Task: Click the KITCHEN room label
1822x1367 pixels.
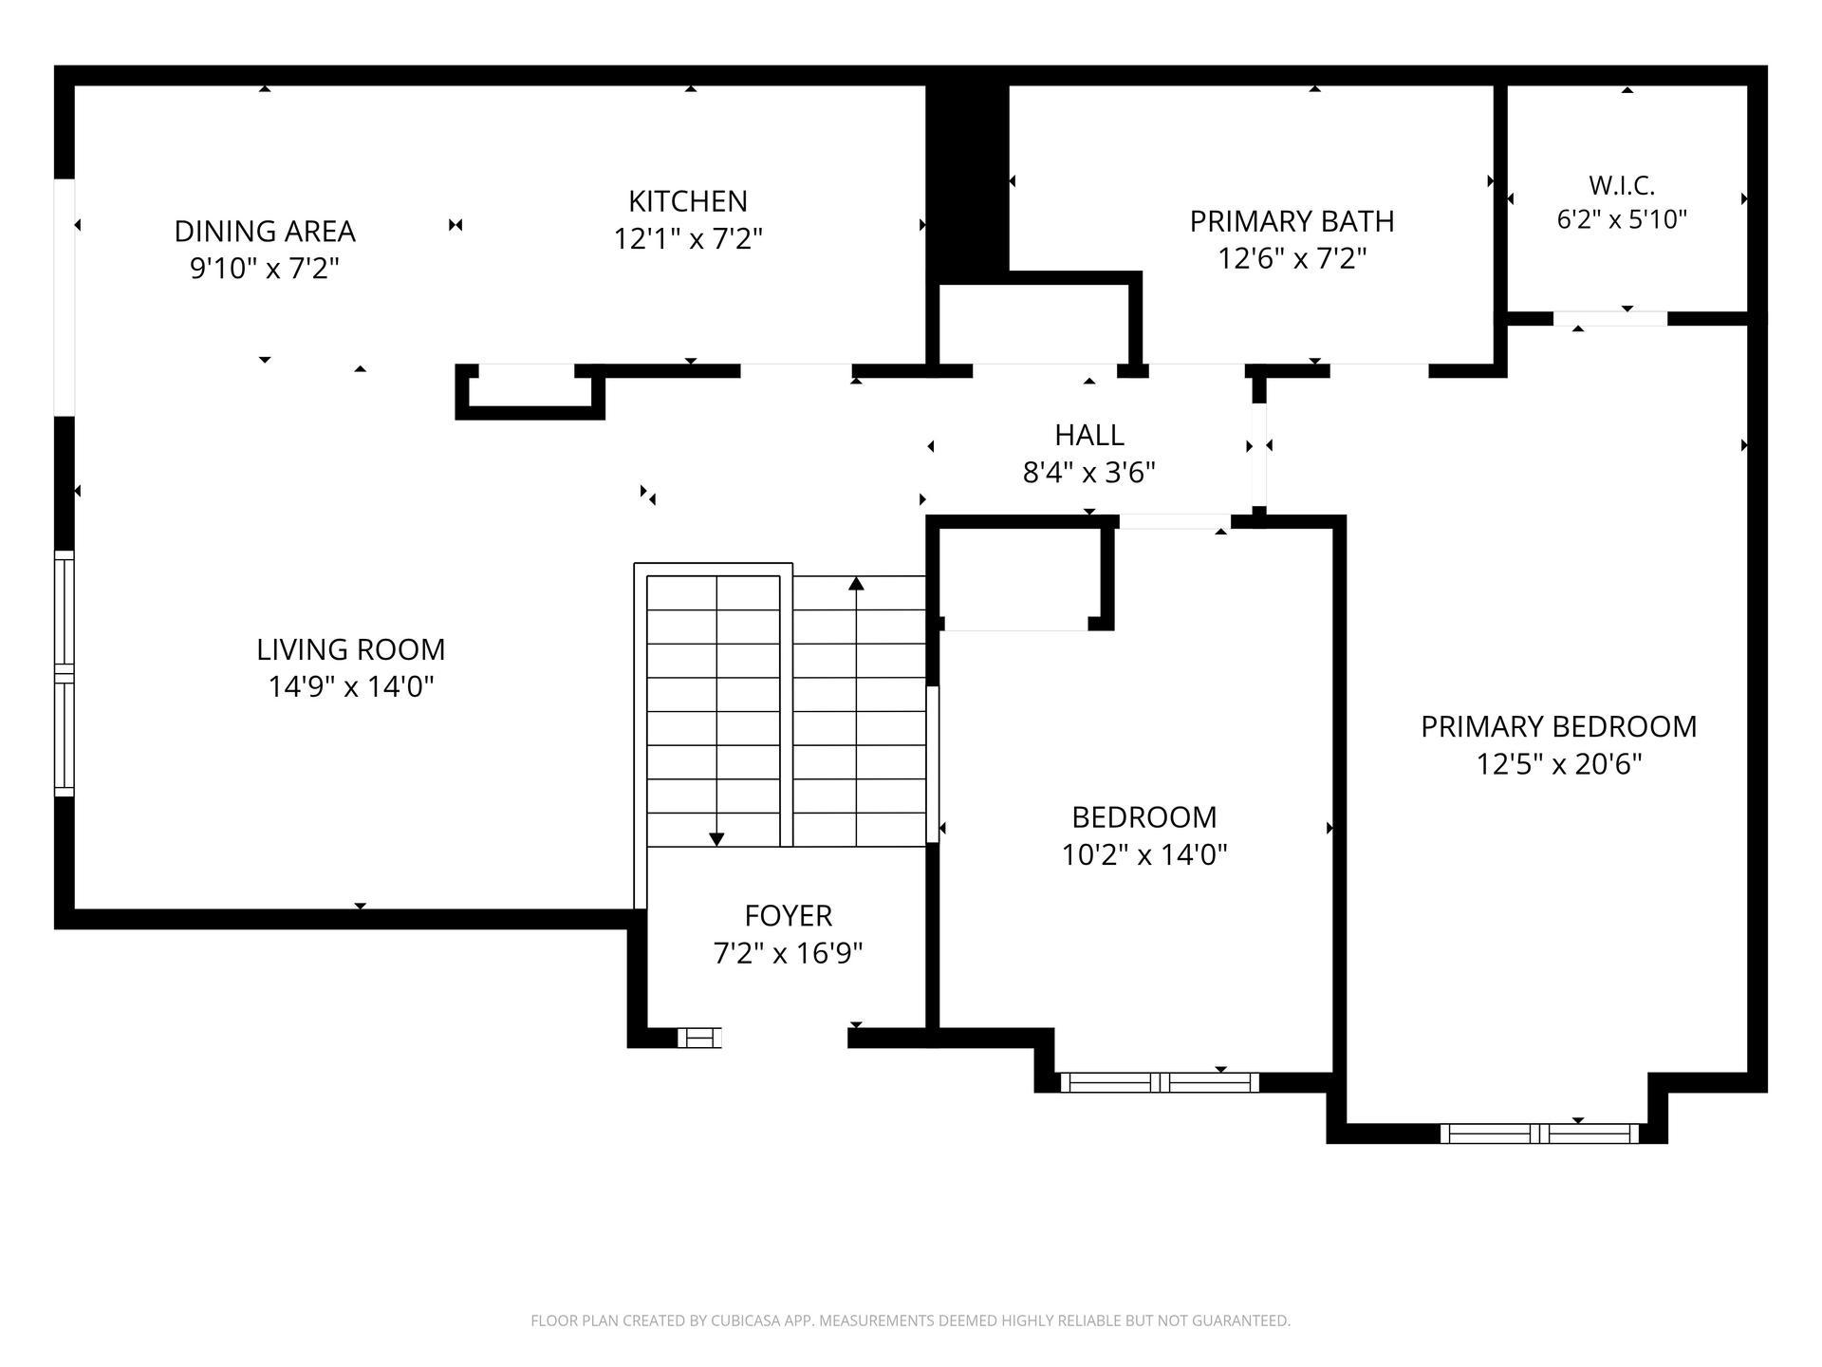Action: tap(688, 201)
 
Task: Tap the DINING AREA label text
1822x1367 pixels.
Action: tap(265, 231)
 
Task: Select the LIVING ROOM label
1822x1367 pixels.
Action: tap(351, 649)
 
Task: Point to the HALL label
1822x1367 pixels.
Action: tap(1089, 435)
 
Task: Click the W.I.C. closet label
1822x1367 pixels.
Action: tap(1622, 184)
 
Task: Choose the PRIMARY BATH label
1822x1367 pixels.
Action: tap(1292, 221)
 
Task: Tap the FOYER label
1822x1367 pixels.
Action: tap(789, 915)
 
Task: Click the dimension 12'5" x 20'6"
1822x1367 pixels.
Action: tap(1559, 763)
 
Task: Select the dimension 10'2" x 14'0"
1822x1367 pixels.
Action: tap(1144, 854)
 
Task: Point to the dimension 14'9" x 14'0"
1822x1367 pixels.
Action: tap(351, 686)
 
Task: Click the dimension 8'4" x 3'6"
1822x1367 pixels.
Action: tap(1089, 472)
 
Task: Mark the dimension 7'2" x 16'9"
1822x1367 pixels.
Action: tap(789, 952)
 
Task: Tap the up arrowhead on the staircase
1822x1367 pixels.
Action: tap(857, 583)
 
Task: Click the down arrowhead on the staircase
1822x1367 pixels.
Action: tap(716, 839)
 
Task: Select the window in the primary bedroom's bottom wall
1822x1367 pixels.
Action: tap(1539, 1133)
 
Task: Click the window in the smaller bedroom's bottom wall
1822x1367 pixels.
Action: tap(1160, 1082)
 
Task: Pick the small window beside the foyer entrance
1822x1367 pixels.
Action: tap(699, 1038)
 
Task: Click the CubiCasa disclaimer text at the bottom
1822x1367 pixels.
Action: tap(911, 1320)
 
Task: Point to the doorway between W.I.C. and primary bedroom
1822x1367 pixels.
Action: tap(1610, 319)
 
